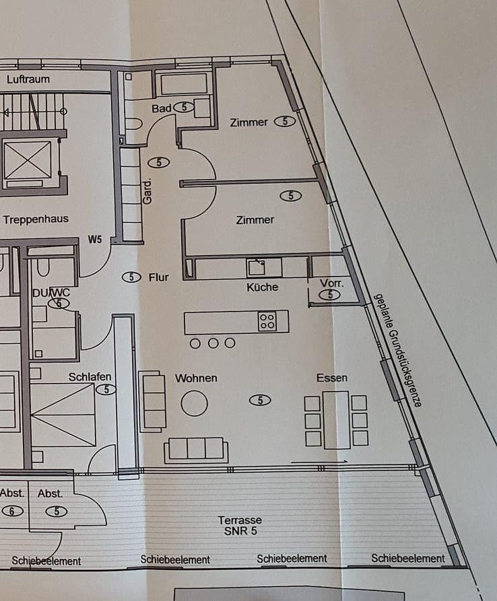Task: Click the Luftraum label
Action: coord(28,79)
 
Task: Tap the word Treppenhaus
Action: coord(36,219)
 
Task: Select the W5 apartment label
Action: coord(95,240)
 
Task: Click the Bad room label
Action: coord(162,108)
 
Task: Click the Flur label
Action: coord(159,277)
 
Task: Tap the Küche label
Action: coord(263,287)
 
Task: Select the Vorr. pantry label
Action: coord(331,283)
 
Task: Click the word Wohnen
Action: coord(196,378)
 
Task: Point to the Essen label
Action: coord(332,378)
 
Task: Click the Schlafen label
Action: coord(90,377)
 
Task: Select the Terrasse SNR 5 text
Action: coord(240,526)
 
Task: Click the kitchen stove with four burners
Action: coord(267,321)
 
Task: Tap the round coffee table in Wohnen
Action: coord(195,403)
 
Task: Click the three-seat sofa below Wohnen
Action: coord(196,449)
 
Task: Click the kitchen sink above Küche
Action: coord(256,268)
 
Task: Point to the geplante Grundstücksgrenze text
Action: coord(398,351)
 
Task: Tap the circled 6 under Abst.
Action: coord(11,511)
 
